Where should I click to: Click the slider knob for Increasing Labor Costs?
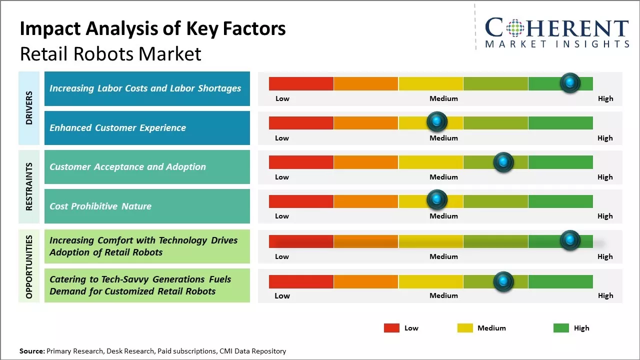(x=570, y=83)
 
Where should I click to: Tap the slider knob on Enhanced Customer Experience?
(x=437, y=121)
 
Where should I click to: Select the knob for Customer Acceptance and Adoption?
(x=503, y=162)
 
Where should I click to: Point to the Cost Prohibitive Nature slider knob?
(x=437, y=200)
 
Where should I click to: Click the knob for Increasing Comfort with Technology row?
(x=570, y=240)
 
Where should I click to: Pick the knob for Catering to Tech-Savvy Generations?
(x=503, y=281)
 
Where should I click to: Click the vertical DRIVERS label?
(x=29, y=108)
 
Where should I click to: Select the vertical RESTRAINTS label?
(x=29, y=186)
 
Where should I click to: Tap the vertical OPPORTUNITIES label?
(x=29, y=266)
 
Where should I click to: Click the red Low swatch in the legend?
(x=391, y=328)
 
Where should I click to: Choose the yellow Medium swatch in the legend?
(x=465, y=328)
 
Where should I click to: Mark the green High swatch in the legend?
(x=561, y=328)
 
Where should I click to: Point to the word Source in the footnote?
(x=31, y=351)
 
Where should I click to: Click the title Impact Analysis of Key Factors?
(x=152, y=29)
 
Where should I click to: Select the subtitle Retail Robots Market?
(x=110, y=54)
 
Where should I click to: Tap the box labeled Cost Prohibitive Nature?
(x=147, y=206)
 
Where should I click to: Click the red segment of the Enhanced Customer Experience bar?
(x=301, y=122)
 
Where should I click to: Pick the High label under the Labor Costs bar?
(x=605, y=98)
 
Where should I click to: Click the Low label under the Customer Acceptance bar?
(x=282, y=177)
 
